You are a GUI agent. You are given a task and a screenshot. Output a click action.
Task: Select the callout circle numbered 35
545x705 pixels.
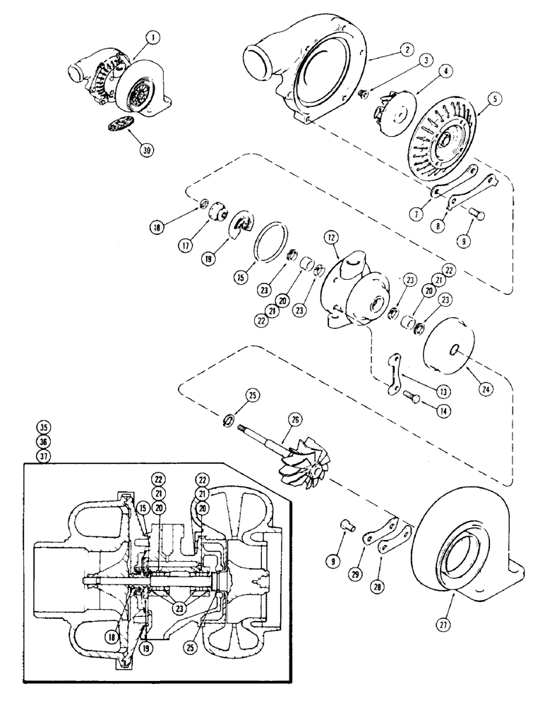[x=45, y=428]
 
